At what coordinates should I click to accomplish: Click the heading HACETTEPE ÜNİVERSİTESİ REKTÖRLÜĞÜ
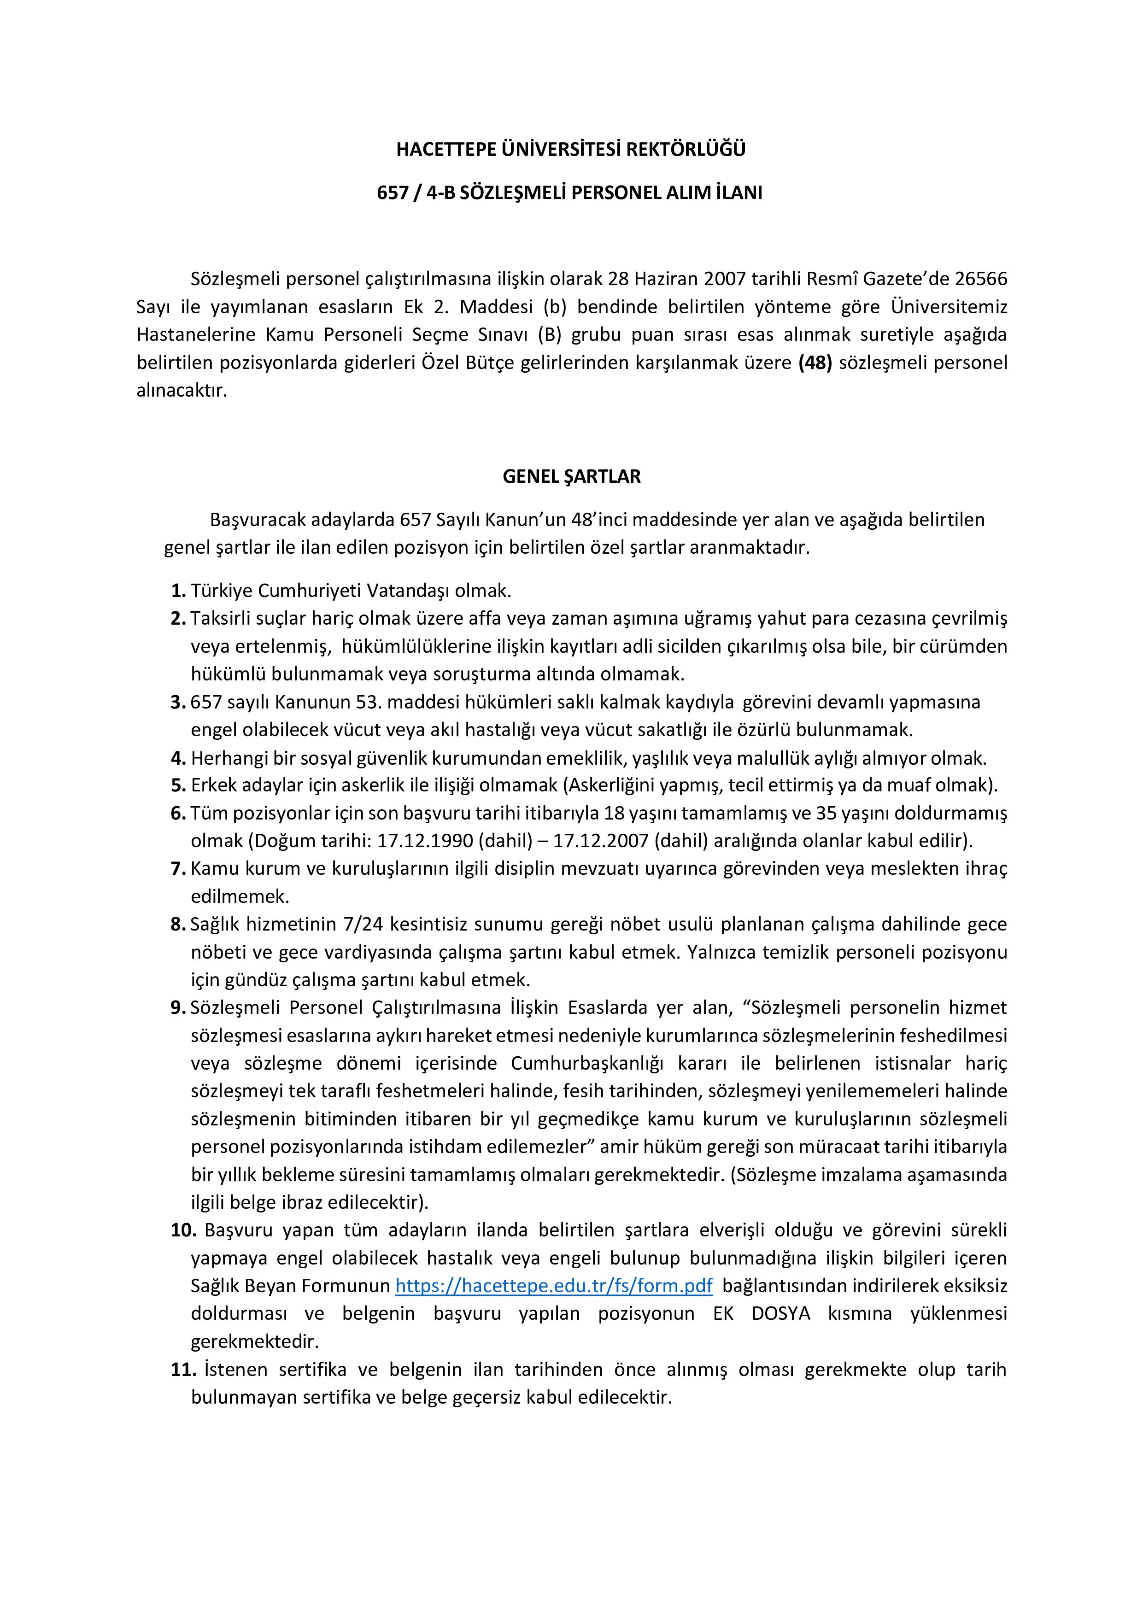pyautogui.click(x=571, y=149)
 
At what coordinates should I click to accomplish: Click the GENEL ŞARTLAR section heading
pyautogui.click(x=571, y=476)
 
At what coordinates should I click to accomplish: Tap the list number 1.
pyautogui.click(x=178, y=590)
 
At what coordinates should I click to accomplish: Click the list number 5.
pyautogui.click(x=178, y=785)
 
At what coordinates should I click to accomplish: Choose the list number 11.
pyautogui.click(x=183, y=1369)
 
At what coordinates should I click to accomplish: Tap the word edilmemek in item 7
pyautogui.click(x=230, y=897)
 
